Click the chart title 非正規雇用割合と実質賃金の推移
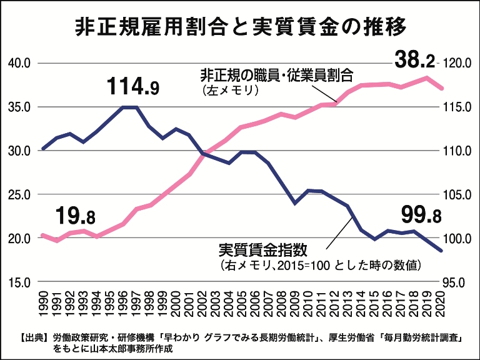[241, 27]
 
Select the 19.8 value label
[76, 217]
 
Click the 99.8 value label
[421, 216]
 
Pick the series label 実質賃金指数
[262, 250]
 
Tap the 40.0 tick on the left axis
[19, 63]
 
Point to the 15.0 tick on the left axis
[19, 282]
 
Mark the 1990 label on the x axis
[43, 304]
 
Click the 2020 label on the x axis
[442, 304]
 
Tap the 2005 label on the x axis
[242, 304]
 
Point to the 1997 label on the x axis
[136, 304]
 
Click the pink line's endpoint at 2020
[442, 88]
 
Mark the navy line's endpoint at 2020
[442, 251]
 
